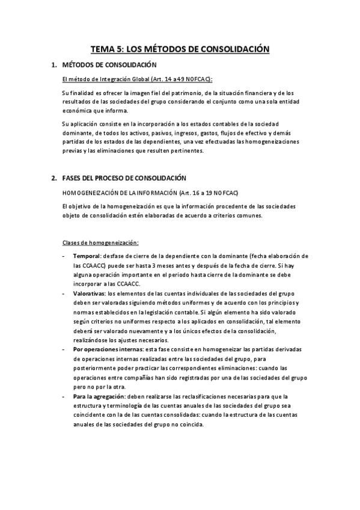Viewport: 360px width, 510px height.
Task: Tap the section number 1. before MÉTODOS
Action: click(x=54, y=64)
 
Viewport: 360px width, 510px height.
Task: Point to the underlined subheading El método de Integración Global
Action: click(x=112, y=79)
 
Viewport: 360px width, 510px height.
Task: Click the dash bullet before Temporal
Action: click(x=64, y=256)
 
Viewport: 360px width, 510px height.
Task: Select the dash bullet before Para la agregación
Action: click(x=64, y=396)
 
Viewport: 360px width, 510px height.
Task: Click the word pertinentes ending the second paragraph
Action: click(x=186, y=151)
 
